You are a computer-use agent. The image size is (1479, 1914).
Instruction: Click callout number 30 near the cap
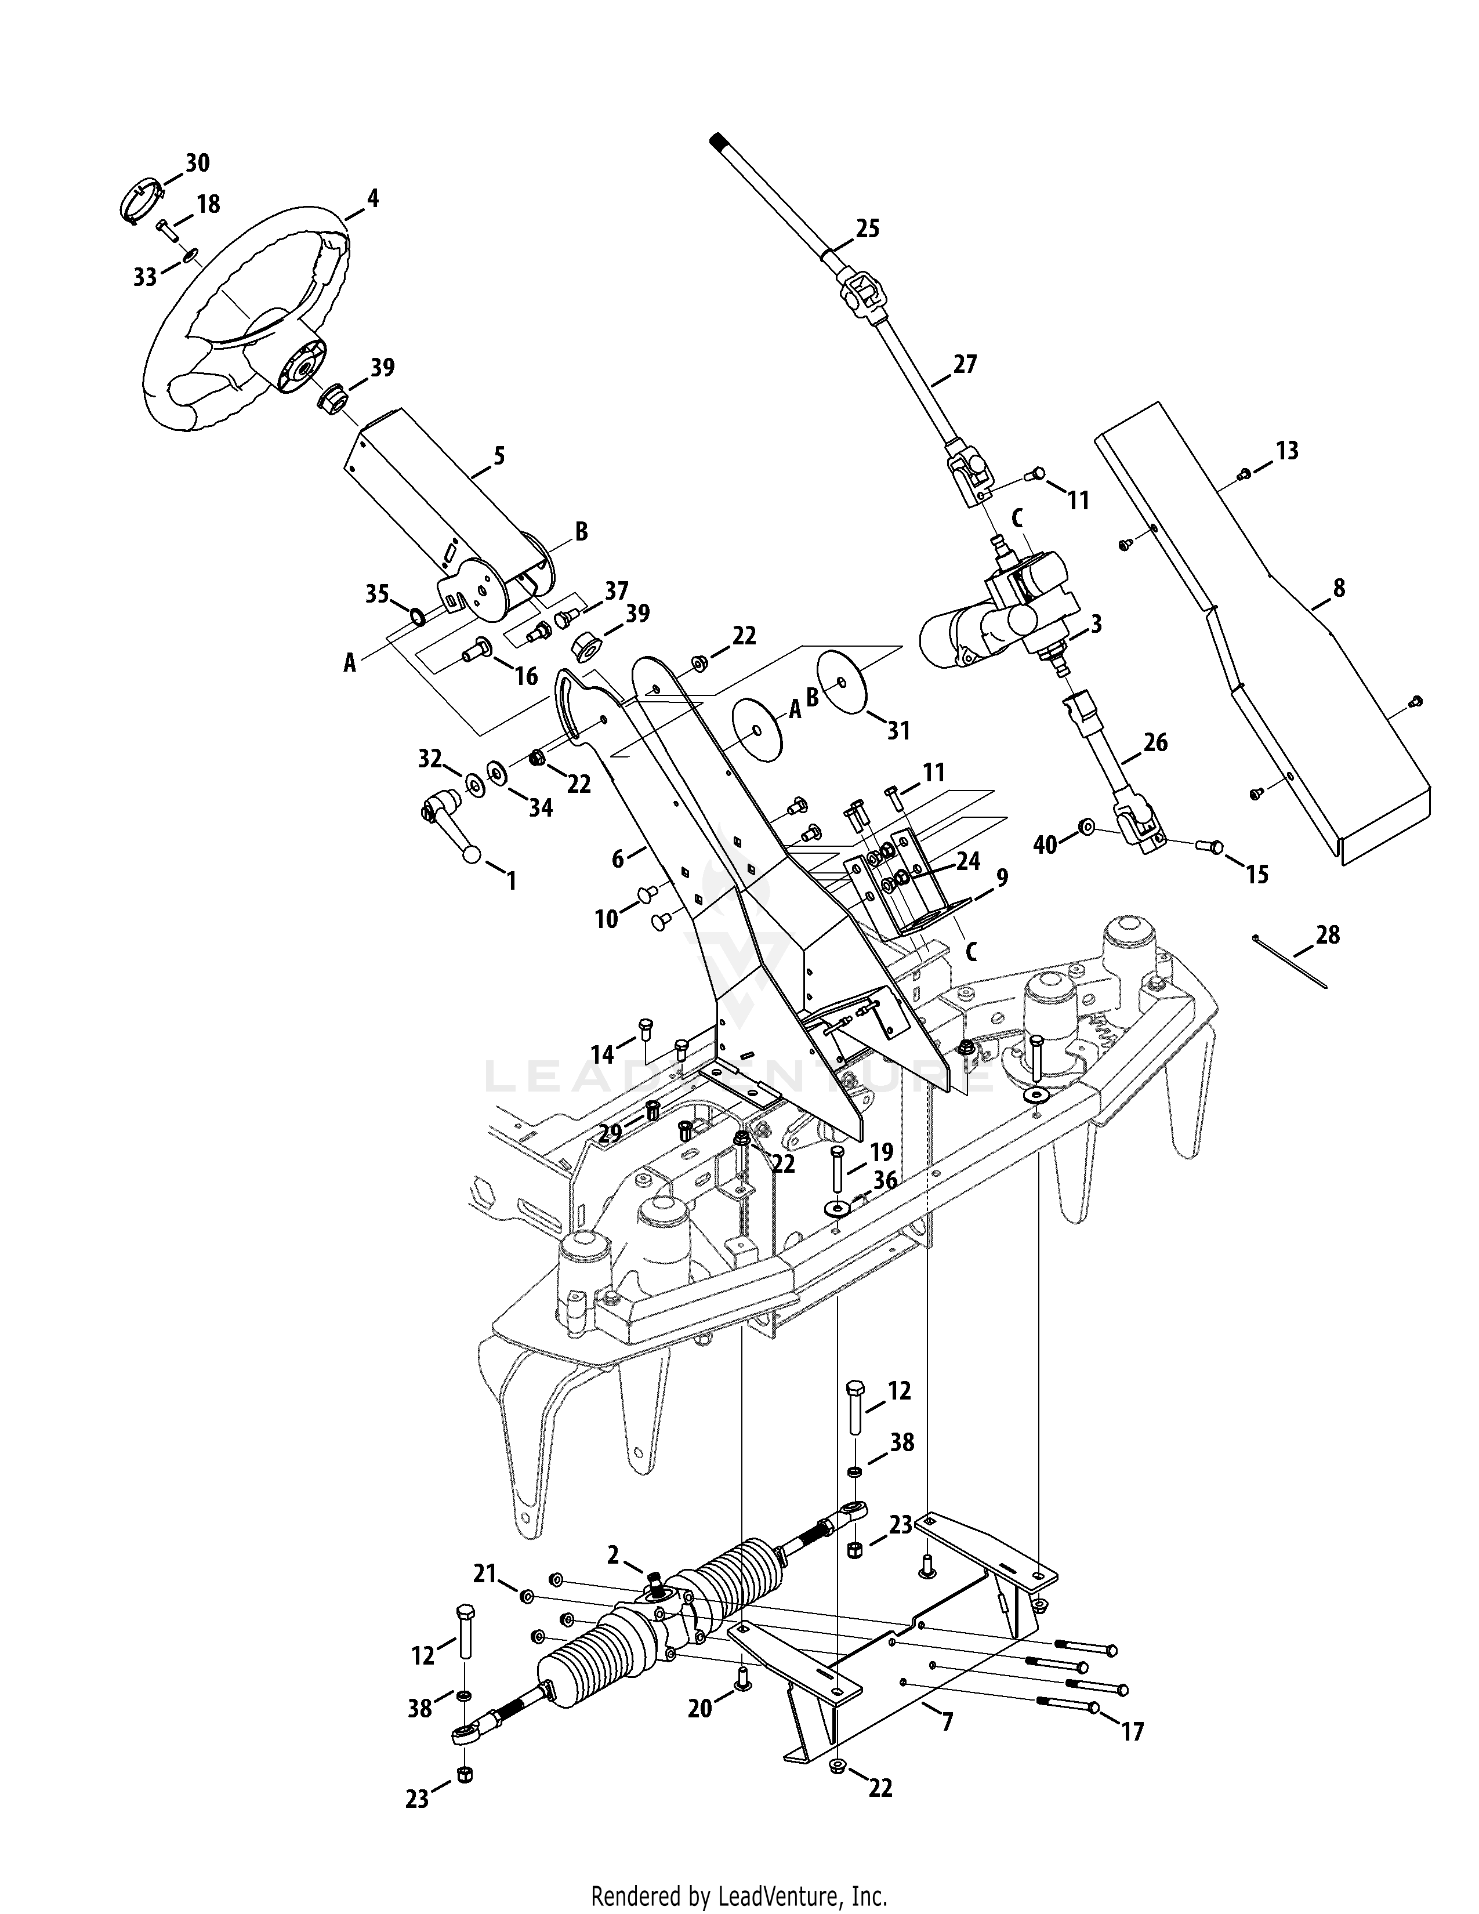(x=197, y=163)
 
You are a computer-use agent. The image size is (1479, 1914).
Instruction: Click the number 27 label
(x=964, y=364)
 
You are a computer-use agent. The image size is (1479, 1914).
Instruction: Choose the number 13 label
(x=1286, y=451)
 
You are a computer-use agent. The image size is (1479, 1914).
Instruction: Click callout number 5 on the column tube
(x=499, y=456)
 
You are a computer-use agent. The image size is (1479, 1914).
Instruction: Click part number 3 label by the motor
(x=1095, y=624)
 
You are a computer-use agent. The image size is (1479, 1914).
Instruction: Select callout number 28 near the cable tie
(x=1328, y=935)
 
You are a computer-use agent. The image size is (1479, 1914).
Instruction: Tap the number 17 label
(x=1132, y=1732)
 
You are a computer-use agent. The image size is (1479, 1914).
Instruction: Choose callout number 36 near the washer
(x=885, y=1180)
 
